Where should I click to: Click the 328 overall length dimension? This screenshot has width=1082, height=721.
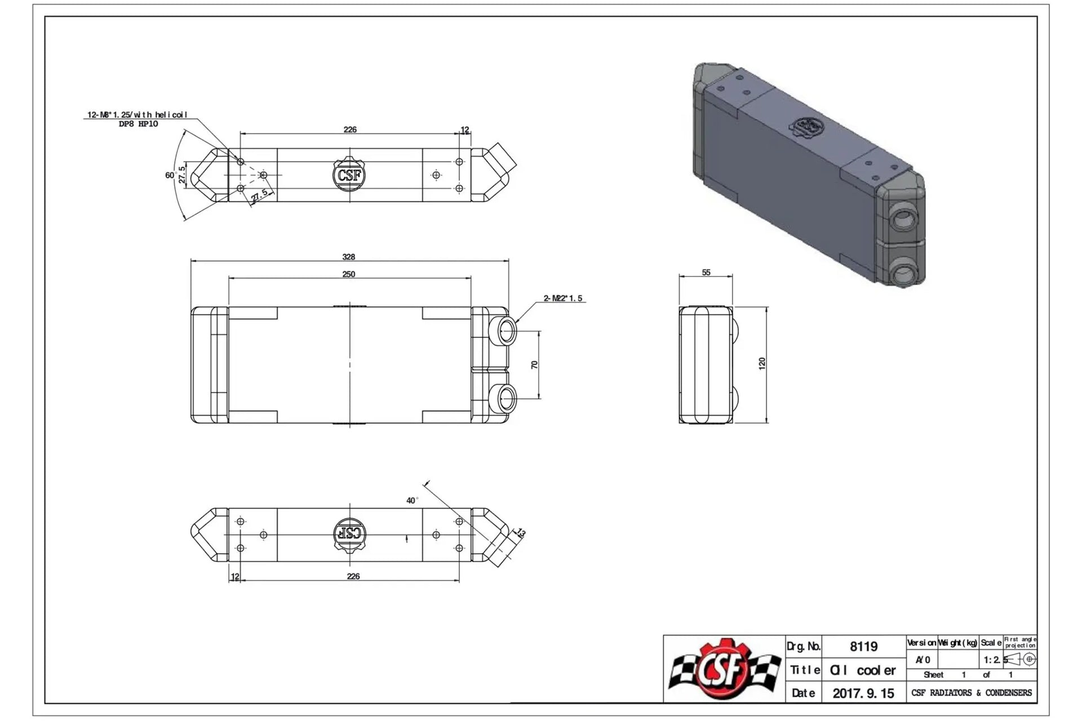click(349, 257)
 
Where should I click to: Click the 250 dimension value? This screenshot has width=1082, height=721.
click(349, 274)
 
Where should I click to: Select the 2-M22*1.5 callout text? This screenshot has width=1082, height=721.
click(563, 298)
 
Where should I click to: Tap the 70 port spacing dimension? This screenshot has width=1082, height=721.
click(535, 364)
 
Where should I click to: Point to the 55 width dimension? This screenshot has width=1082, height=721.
click(706, 273)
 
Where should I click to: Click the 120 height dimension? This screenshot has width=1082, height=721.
click(762, 363)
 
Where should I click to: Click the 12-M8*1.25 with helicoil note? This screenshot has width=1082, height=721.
click(137, 115)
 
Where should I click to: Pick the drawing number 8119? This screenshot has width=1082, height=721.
click(863, 647)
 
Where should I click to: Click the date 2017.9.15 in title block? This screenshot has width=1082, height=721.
click(863, 693)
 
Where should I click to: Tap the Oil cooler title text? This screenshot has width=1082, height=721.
click(863, 670)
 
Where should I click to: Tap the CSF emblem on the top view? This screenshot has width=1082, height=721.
click(349, 175)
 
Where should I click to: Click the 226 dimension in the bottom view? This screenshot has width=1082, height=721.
click(353, 576)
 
